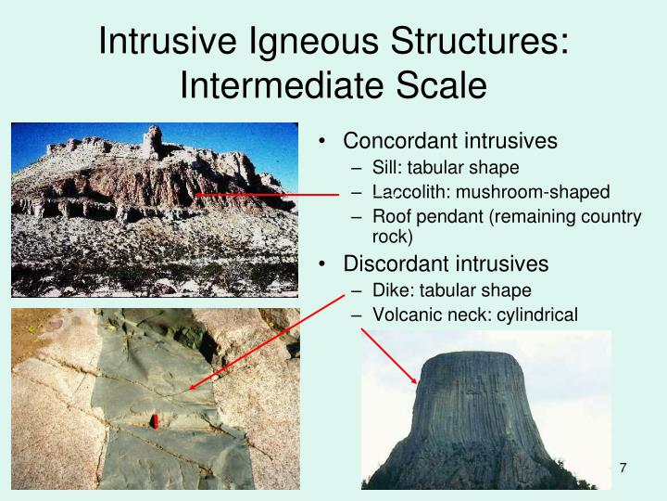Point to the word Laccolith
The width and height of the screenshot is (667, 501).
[x=408, y=192]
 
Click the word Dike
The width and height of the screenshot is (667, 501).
[x=390, y=289]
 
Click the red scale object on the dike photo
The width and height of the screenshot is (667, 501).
[x=157, y=422]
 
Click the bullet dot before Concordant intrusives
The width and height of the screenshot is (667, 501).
[x=321, y=142]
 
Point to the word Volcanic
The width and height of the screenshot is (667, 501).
[x=405, y=315]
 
